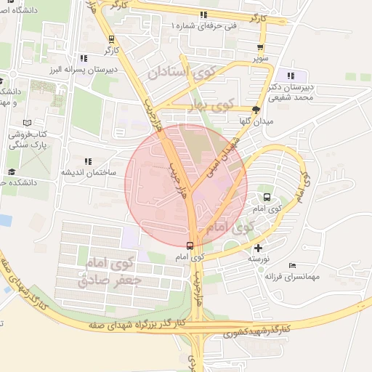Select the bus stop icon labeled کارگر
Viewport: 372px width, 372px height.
(111, 39)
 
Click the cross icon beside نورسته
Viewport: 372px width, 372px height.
(259, 248)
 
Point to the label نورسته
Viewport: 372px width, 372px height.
(259, 259)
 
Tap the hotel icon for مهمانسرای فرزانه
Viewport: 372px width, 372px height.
(292, 266)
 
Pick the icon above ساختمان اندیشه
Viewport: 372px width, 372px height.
(89, 161)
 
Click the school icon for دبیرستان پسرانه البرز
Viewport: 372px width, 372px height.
(85, 58)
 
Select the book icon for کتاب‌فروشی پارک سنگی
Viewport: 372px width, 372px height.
(28, 124)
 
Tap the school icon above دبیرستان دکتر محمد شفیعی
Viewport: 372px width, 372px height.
(291, 76)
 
